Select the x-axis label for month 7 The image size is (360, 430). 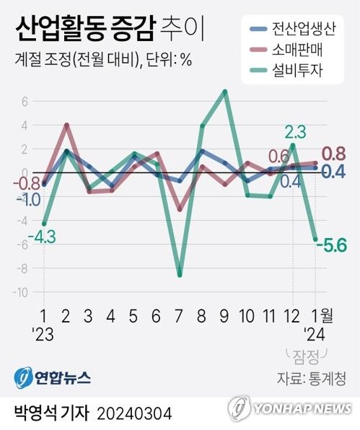[180, 316]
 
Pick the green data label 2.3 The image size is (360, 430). [296, 131]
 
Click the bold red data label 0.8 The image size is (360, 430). [335, 154]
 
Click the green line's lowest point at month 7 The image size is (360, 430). [180, 275]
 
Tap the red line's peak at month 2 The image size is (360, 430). [66, 126]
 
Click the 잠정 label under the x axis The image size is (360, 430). [307, 354]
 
